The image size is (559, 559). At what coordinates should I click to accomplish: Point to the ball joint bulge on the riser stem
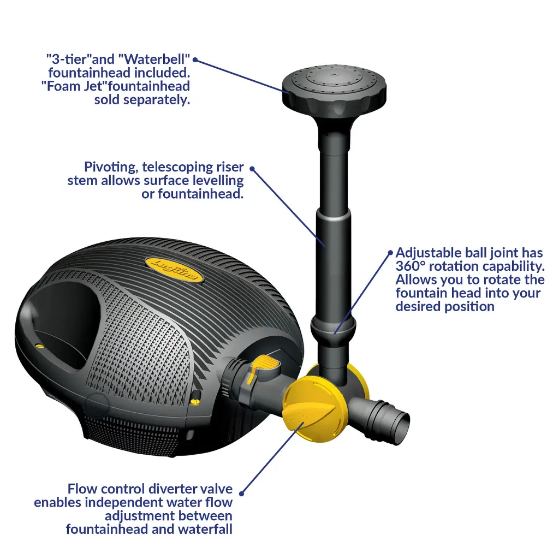(x=334, y=329)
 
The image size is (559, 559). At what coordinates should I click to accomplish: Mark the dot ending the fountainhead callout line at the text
(x=195, y=60)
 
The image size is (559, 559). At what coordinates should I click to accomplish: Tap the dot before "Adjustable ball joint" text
(x=390, y=253)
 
